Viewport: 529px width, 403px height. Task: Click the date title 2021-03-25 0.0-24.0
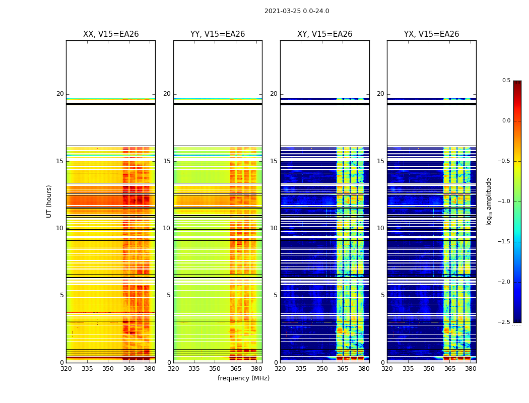[x=296, y=11]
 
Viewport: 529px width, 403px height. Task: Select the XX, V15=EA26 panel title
[x=111, y=34]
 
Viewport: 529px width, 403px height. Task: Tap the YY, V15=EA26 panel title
[x=218, y=34]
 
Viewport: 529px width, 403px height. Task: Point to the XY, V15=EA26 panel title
[x=324, y=34]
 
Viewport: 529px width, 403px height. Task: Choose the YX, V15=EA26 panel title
[x=431, y=34]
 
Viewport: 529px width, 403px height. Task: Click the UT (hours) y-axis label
[x=49, y=201]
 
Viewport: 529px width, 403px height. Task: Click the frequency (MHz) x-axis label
[x=243, y=378]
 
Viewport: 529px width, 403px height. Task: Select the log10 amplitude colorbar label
[x=489, y=201]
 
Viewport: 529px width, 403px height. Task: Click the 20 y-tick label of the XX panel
[x=60, y=94]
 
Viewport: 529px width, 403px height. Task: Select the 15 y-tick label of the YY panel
[x=167, y=161]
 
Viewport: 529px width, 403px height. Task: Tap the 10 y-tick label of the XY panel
[x=274, y=228]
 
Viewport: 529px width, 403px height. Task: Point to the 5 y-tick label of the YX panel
[x=382, y=295]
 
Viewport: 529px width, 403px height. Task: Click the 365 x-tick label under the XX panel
[x=129, y=368]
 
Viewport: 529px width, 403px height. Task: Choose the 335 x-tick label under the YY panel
[x=194, y=368]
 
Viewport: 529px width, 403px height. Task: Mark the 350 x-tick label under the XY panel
[x=322, y=368]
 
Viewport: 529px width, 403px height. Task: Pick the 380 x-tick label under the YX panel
[x=471, y=368]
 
